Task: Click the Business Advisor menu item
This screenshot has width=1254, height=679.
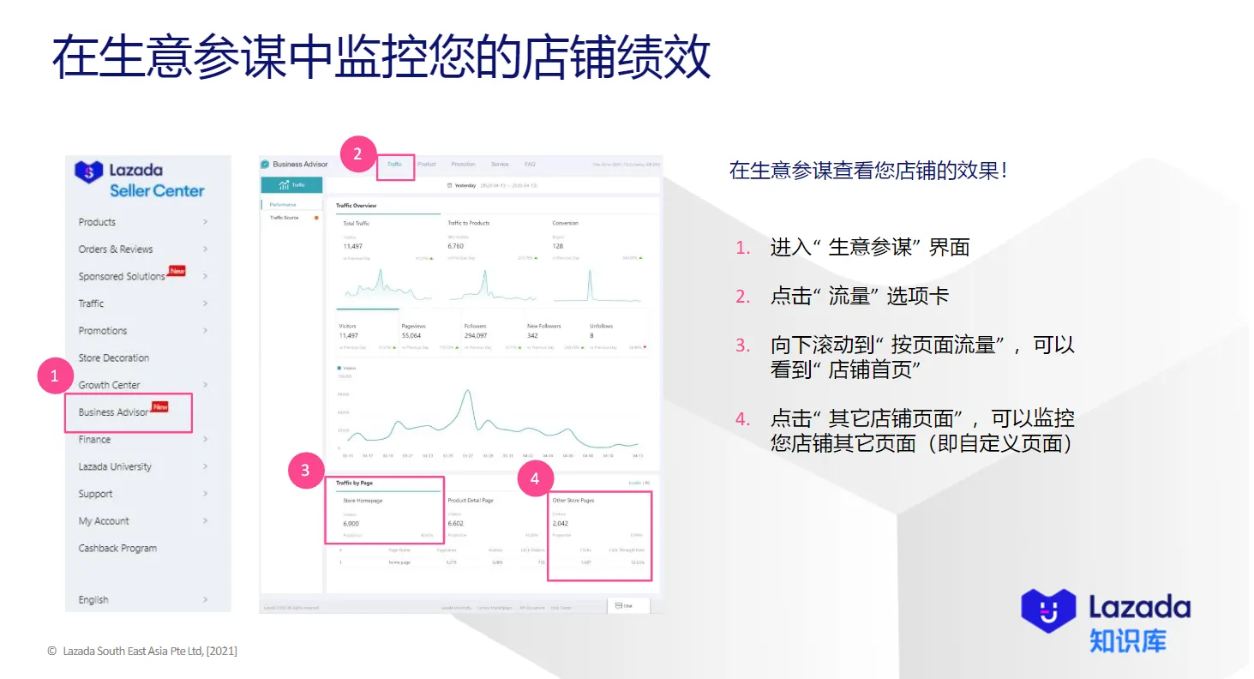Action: (114, 412)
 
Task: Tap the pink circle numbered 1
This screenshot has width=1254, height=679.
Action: (55, 376)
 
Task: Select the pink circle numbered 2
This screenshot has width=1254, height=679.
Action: (357, 155)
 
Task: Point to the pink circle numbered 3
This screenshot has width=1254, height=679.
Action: (306, 470)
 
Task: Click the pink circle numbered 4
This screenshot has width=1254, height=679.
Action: (536, 479)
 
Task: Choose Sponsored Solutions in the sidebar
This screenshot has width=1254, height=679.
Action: (122, 276)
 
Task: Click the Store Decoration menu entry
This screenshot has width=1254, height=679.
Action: (114, 358)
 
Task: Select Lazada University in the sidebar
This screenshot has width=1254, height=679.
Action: (115, 466)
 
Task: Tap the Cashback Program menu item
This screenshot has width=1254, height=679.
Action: (117, 548)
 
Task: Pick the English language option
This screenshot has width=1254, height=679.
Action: (93, 599)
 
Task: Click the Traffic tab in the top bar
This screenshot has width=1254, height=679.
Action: (394, 164)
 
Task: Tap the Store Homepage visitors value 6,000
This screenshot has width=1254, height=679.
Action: (351, 523)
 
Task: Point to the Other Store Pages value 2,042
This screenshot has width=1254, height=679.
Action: (561, 523)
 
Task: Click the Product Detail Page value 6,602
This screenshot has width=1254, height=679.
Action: (456, 523)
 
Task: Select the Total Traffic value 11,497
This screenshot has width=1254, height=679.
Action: (354, 246)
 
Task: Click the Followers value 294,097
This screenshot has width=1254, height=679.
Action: (476, 335)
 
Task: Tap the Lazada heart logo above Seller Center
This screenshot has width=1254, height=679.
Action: (88, 172)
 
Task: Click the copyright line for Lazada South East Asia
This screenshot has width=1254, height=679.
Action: (142, 651)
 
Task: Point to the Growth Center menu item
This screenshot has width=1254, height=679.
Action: (109, 385)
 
